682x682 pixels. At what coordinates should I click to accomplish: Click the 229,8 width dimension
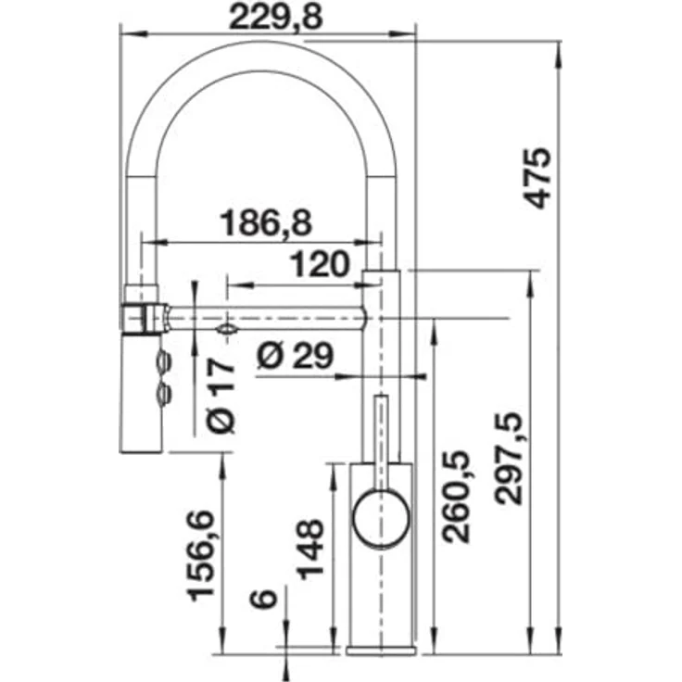click(x=276, y=18)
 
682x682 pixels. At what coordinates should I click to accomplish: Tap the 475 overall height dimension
click(x=537, y=178)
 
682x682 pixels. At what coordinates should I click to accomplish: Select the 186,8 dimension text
click(x=266, y=222)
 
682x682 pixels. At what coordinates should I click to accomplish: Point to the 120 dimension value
click(x=320, y=264)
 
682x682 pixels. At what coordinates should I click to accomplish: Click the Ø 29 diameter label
click(x=296, y=355)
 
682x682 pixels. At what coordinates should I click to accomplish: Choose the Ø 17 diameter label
click(x=221, y=397)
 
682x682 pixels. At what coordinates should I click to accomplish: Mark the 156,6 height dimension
click(x=201, y=556)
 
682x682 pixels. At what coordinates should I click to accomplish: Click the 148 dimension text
click(x=311, y=549)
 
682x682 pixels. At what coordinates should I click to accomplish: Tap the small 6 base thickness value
click(x=263, y=600)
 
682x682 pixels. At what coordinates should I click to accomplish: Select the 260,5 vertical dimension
click(x=456, y=497)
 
